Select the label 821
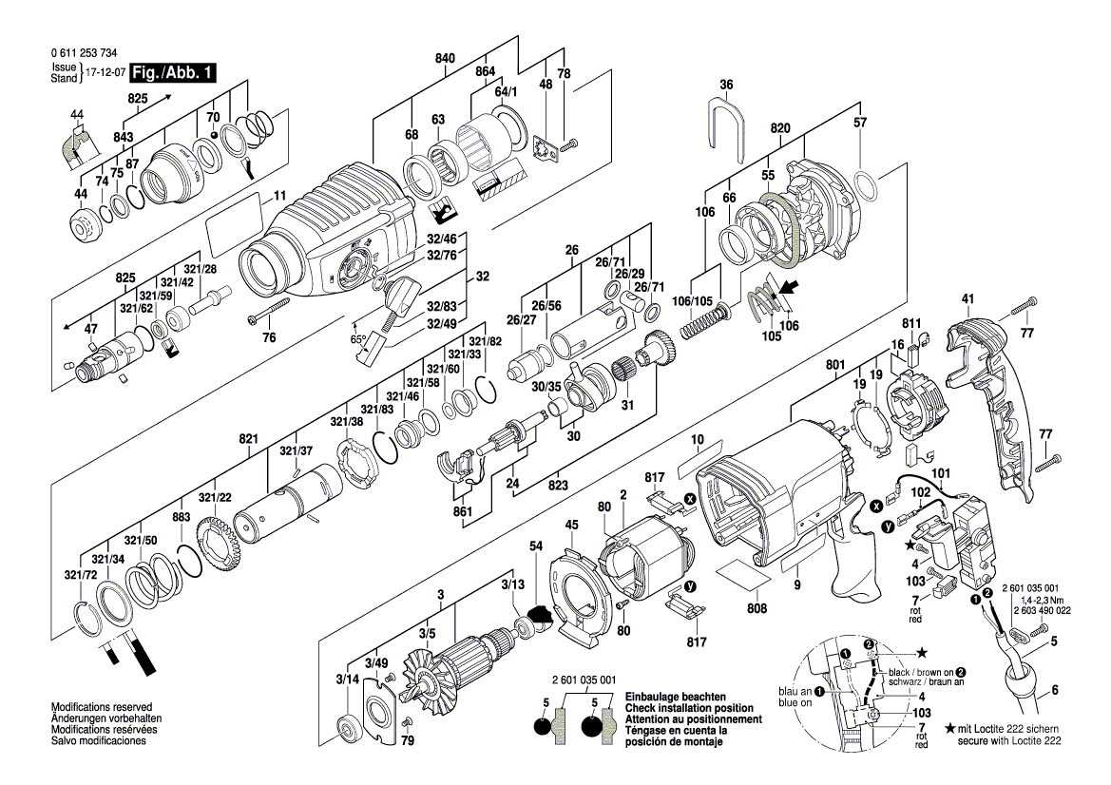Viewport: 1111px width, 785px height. (249, 439)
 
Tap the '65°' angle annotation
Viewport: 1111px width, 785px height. (358, 338)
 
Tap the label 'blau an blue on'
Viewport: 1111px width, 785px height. (795, 698)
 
